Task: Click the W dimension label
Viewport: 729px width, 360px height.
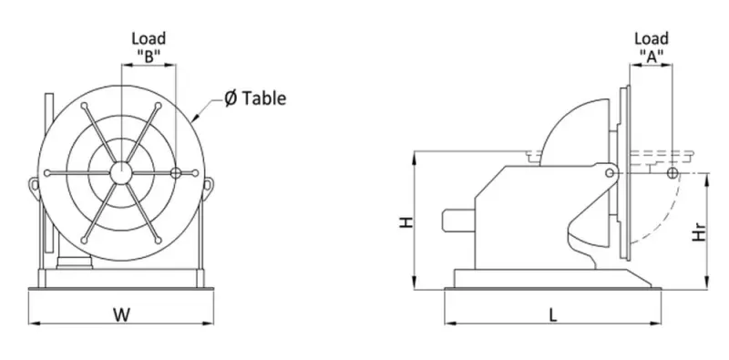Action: pos(121,314)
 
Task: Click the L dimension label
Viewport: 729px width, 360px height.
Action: pos(552,316)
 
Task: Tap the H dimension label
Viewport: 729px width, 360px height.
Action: pos(406,221)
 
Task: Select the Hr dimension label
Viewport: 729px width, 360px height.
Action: pos(700,231)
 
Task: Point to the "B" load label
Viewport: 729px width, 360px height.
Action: pos(149,56)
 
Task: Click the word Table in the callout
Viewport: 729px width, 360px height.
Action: pos(263,98)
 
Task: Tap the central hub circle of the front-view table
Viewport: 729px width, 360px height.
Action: pos(121,172)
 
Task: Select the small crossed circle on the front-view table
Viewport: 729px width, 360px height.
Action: pos(176,173)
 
